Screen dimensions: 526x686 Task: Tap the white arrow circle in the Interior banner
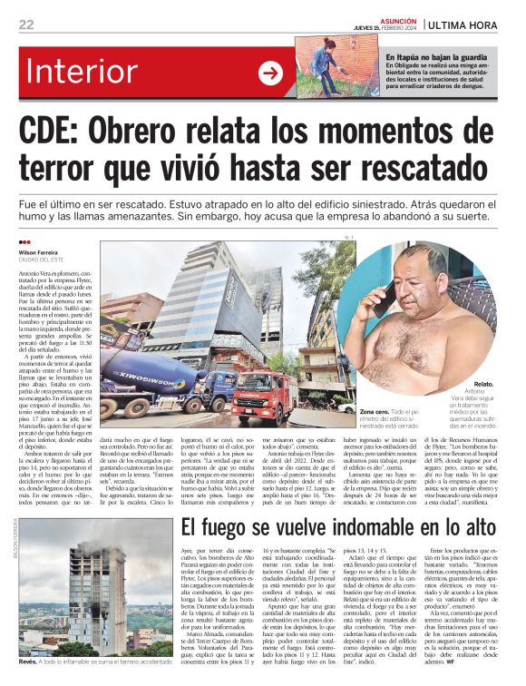coord(270,73)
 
